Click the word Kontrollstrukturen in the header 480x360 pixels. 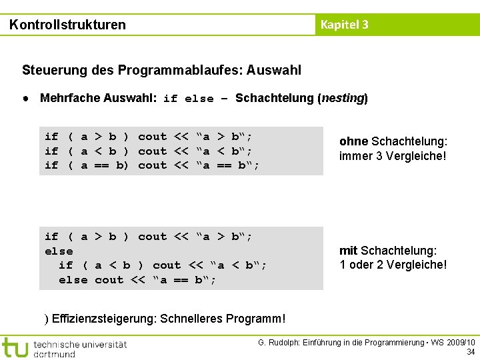click(x=67, y=25)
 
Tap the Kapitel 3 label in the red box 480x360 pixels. click(x=344, y=25)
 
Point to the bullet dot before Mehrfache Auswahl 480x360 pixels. click(x=24, y=98)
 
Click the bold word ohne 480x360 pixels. click(x=353, y=141)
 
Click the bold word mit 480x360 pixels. click(x=349, y=251)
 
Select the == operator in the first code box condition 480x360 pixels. click(x=102, y=165)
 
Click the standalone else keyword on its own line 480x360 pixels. click(x=59, y=251)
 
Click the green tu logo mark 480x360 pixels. click(x=15, y=347)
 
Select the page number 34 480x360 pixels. click(x=471, y=352)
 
